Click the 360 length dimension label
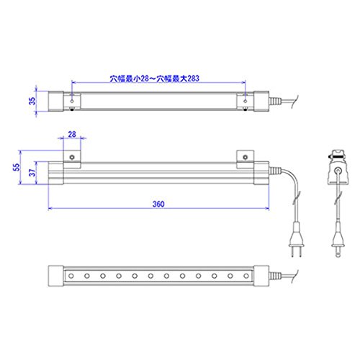tap(158, 204)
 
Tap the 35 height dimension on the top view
tap(32, 101)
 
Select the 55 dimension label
tap(17, 167)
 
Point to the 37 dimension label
tap(32, 172)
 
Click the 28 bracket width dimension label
tap(72, 134)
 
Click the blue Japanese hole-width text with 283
tap(154, 78)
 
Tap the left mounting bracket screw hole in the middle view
tap(72, 158)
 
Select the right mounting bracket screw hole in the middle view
tap(245, 158)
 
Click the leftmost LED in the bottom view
tap(71, 276)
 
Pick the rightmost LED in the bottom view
tap(246, 276)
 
